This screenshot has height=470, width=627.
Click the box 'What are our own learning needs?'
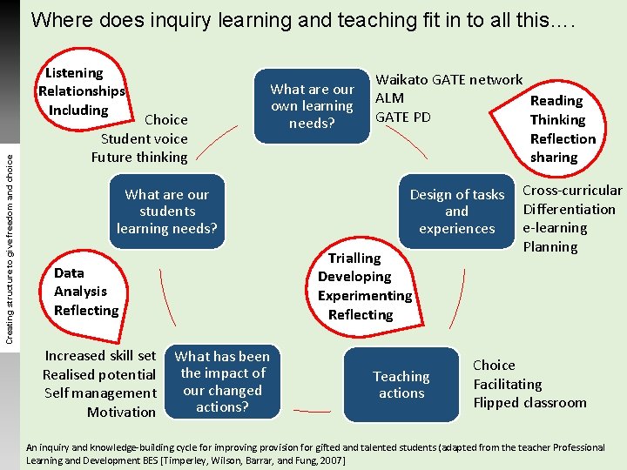click(312, 105)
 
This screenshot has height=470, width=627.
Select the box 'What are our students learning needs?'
click(166, 211)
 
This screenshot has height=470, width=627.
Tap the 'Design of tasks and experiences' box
click(456, 211)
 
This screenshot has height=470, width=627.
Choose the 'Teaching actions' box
click(401, 385)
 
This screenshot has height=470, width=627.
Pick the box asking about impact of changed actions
click(222, 381)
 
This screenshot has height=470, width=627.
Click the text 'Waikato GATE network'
click(448, 79)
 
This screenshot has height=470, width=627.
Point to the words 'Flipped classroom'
click(529, 402)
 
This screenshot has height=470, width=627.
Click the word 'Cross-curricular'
click(571, 190)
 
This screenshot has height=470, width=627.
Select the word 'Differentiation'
click(569, 209)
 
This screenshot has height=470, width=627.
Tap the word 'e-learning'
click(555, 228)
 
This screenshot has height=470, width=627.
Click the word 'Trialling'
click(354, 258)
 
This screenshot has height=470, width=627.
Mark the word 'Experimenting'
click(364, 296)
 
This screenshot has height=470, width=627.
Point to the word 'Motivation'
click(121, 412)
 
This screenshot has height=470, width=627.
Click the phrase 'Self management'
click(100, 393)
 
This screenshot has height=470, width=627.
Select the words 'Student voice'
click(145, 138)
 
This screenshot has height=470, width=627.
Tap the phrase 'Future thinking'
click(139, 157)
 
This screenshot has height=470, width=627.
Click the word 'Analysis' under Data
click(80, 292)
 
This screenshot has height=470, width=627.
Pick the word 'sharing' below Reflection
click(554, 158)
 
